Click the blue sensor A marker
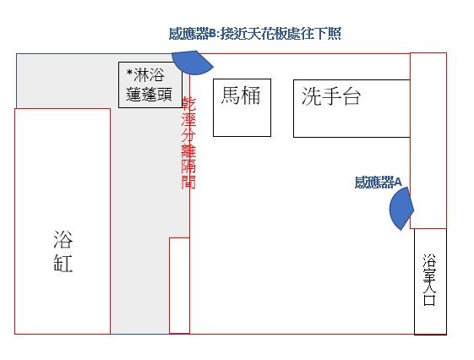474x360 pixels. (401, 208)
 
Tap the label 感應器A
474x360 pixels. (379, 182)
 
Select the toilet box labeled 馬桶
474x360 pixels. (242, 107)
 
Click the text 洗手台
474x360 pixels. (331, 96)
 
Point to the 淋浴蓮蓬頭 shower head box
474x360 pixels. (150, 85)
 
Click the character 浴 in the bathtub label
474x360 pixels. (63, 239)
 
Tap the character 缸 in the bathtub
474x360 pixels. (63, 263)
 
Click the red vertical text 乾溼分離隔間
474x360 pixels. (188, 143)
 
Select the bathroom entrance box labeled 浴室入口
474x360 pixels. (430, 281)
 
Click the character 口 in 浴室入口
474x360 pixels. (429, 299)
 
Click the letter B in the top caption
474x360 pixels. (213, 34)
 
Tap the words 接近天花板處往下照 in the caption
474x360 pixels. (281, 33)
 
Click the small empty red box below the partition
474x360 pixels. (179, 286)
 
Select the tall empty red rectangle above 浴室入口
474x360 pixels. (428, 140)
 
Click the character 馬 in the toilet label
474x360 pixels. (231, 95)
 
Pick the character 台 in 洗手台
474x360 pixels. (351, 96)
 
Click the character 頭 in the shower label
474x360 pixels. (165, 95)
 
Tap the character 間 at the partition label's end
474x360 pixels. (188, 182)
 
